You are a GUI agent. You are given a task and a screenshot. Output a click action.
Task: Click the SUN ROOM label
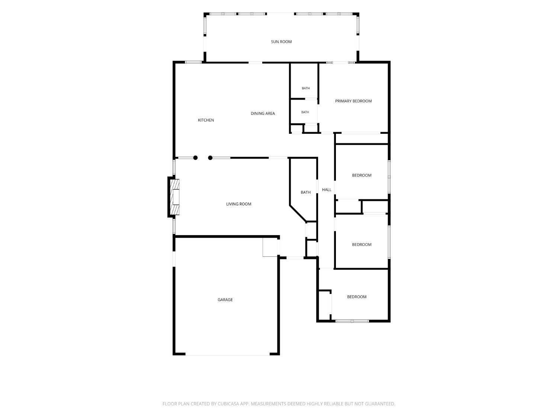coord(281,42)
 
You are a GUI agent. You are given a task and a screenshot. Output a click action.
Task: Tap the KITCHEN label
coord(206,120)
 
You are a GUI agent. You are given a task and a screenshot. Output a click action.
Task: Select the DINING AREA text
coord(263,113)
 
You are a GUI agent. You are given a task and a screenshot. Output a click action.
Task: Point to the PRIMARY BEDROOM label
coord(353,101)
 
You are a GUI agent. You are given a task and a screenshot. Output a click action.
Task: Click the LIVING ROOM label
coord(238,204)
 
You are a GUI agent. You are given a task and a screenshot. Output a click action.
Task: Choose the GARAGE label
coord(225,299)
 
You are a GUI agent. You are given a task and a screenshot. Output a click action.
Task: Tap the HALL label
coord(326,189)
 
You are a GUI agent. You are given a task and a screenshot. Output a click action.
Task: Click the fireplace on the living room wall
coord(174,197)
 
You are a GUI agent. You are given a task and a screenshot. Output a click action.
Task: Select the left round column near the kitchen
coord(195,158)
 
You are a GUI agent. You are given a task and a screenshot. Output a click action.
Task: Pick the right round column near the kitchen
coord(210,158)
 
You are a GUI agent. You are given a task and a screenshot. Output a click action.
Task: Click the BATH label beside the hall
coord(305,192)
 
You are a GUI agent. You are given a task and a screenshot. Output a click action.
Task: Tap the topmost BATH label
coord(305,88)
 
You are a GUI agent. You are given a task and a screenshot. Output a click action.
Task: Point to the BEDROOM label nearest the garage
coord(356,297)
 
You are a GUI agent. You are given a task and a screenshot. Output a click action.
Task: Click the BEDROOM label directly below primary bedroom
coord(362,175)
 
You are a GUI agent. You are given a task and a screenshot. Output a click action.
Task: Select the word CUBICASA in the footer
coord(228,404)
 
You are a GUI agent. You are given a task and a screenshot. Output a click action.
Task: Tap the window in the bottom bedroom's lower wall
coord(352,321)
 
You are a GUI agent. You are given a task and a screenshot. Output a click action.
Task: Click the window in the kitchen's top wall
coord(193,62)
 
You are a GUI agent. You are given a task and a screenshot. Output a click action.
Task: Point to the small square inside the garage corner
coord(270,247)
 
